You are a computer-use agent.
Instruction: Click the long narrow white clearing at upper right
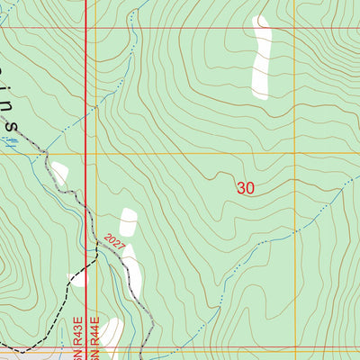coord(262,56)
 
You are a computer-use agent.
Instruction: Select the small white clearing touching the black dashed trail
coord(79,279)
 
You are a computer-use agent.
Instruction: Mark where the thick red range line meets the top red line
coord(85,27)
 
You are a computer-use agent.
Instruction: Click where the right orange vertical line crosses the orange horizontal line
coord(294,154)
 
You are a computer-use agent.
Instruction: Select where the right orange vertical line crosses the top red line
coord(294,27)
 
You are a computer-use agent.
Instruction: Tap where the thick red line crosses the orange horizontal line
coord(85,154)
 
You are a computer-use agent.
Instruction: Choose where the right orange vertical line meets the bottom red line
coord(294,348)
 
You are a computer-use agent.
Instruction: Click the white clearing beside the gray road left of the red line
coord(59,172)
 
